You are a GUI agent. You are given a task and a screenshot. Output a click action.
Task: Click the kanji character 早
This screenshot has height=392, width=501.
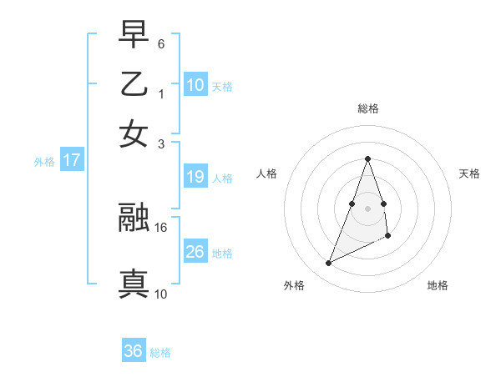[134, 36]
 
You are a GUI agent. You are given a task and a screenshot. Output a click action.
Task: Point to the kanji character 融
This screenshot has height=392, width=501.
[134, 219]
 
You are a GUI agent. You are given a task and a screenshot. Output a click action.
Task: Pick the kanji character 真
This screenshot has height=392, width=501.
[134, 284]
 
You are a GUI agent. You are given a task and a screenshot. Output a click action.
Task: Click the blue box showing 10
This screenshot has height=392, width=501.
[195, 84]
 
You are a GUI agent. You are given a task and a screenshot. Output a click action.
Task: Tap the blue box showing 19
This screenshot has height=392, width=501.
[195, 177]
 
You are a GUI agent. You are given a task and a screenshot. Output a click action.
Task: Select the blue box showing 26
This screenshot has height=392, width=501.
[195, 252]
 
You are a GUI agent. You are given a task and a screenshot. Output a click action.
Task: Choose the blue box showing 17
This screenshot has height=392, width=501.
[72, 160]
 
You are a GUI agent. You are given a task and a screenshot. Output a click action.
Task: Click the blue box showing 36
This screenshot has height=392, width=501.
[134, 351]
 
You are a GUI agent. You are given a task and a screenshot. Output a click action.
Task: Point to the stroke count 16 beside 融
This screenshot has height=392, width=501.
[162, 227]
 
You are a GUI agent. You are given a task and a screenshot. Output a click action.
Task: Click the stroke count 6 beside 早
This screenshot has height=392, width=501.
[161, 43]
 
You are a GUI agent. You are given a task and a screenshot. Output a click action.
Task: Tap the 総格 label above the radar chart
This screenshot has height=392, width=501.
[368, 108]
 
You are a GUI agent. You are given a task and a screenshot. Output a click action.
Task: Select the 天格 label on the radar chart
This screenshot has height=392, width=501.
[470, 173]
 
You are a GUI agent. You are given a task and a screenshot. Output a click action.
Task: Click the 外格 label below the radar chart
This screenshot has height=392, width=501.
[294, 285]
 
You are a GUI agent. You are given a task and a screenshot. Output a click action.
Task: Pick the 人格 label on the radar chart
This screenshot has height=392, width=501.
[267, 173]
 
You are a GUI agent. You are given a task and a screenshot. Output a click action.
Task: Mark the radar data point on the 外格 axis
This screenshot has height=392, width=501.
[328, 264]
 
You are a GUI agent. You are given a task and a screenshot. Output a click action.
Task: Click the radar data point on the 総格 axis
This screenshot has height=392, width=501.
[368, 158]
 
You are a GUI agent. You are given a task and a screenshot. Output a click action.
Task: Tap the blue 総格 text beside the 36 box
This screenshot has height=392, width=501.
[160, 353]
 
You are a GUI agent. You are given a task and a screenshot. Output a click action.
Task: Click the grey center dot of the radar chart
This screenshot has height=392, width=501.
[368, 208]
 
